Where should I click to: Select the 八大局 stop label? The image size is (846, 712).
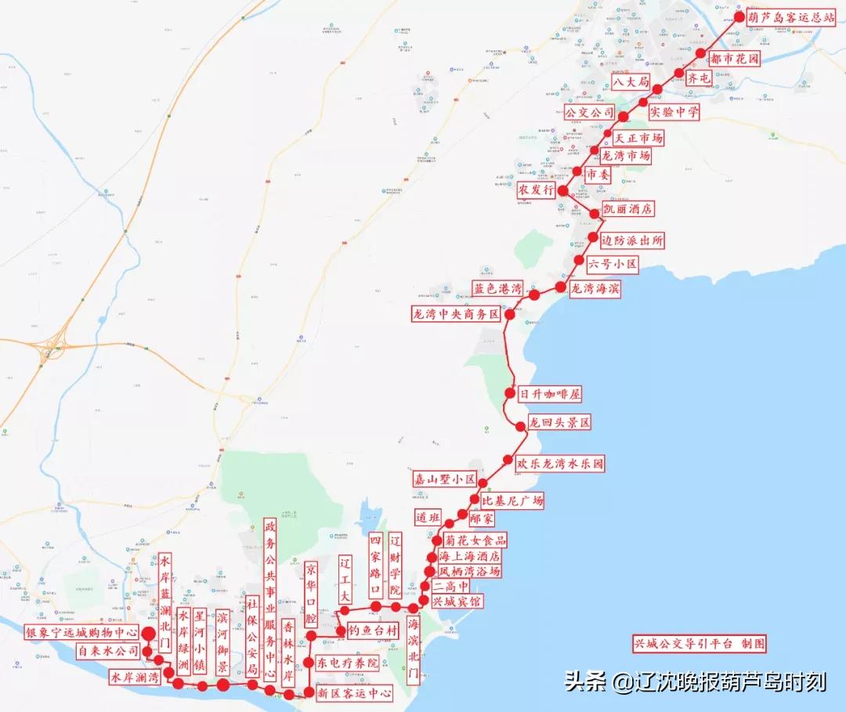(631, 81)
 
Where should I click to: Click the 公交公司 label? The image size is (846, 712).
(590, 113)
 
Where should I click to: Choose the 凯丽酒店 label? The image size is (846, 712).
(627, 209)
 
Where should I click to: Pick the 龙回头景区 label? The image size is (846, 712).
(559, 423)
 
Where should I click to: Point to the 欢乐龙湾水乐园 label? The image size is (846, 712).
(559, 464)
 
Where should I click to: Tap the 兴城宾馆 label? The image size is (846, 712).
(457, 602)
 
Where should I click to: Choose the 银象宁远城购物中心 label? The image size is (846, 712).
(81, 632)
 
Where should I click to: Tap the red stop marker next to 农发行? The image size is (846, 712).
(562, 190)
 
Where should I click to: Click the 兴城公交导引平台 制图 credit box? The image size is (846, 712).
(700, 644)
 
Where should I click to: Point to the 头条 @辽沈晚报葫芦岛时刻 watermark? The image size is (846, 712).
(695, 681)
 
